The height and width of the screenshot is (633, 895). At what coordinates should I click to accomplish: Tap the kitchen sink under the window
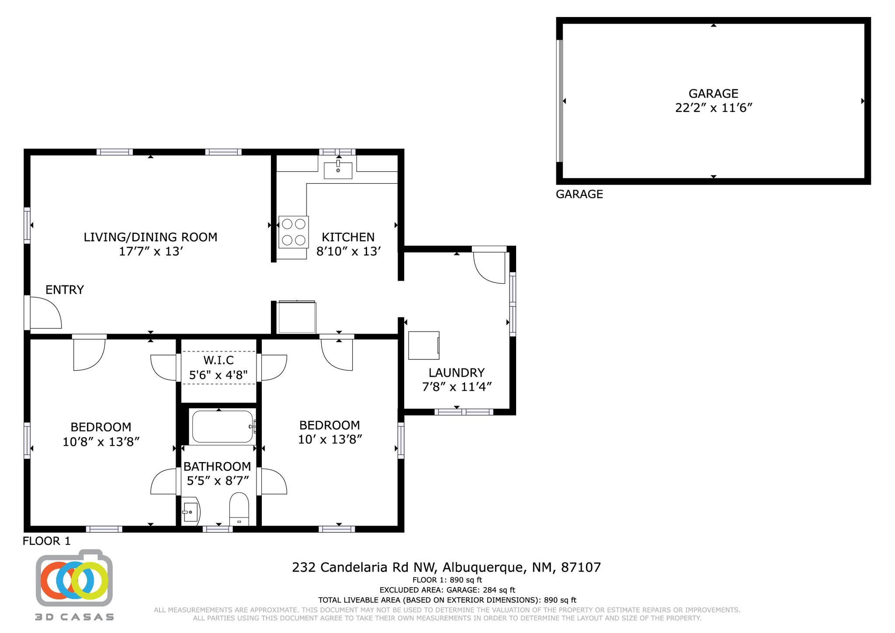[x=338, y=170]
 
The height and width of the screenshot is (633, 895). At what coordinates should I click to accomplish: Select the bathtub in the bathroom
[x=222, y=427]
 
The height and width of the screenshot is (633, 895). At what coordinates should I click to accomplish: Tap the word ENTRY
[x=65, y=290]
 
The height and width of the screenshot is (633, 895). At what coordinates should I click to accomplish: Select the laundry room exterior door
[x=489, y=266]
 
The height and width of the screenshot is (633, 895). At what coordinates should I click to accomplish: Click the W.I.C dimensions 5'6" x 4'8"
[x=219, y=375]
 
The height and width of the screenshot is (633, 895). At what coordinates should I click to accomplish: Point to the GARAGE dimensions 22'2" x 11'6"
[x=713, y=108]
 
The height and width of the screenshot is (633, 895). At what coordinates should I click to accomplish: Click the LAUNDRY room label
[x=456, y=373]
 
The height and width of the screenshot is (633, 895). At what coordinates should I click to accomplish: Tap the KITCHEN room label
[x=348, y=237]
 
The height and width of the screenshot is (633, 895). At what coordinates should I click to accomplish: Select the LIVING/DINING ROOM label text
[x=150, y=237]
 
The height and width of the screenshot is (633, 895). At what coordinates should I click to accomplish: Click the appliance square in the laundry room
[x=423, y=345]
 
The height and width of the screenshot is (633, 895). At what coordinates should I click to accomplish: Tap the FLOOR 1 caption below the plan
[x=46, y=541]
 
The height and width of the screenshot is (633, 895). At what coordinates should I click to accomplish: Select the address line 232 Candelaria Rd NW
[x=446, y=567]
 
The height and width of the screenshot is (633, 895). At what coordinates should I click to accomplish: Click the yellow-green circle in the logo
[x=90, y=581]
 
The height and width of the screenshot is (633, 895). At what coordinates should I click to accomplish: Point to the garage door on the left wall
[x=559, y=101]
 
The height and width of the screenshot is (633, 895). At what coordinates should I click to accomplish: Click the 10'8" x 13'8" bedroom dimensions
[x=101, y=442]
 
